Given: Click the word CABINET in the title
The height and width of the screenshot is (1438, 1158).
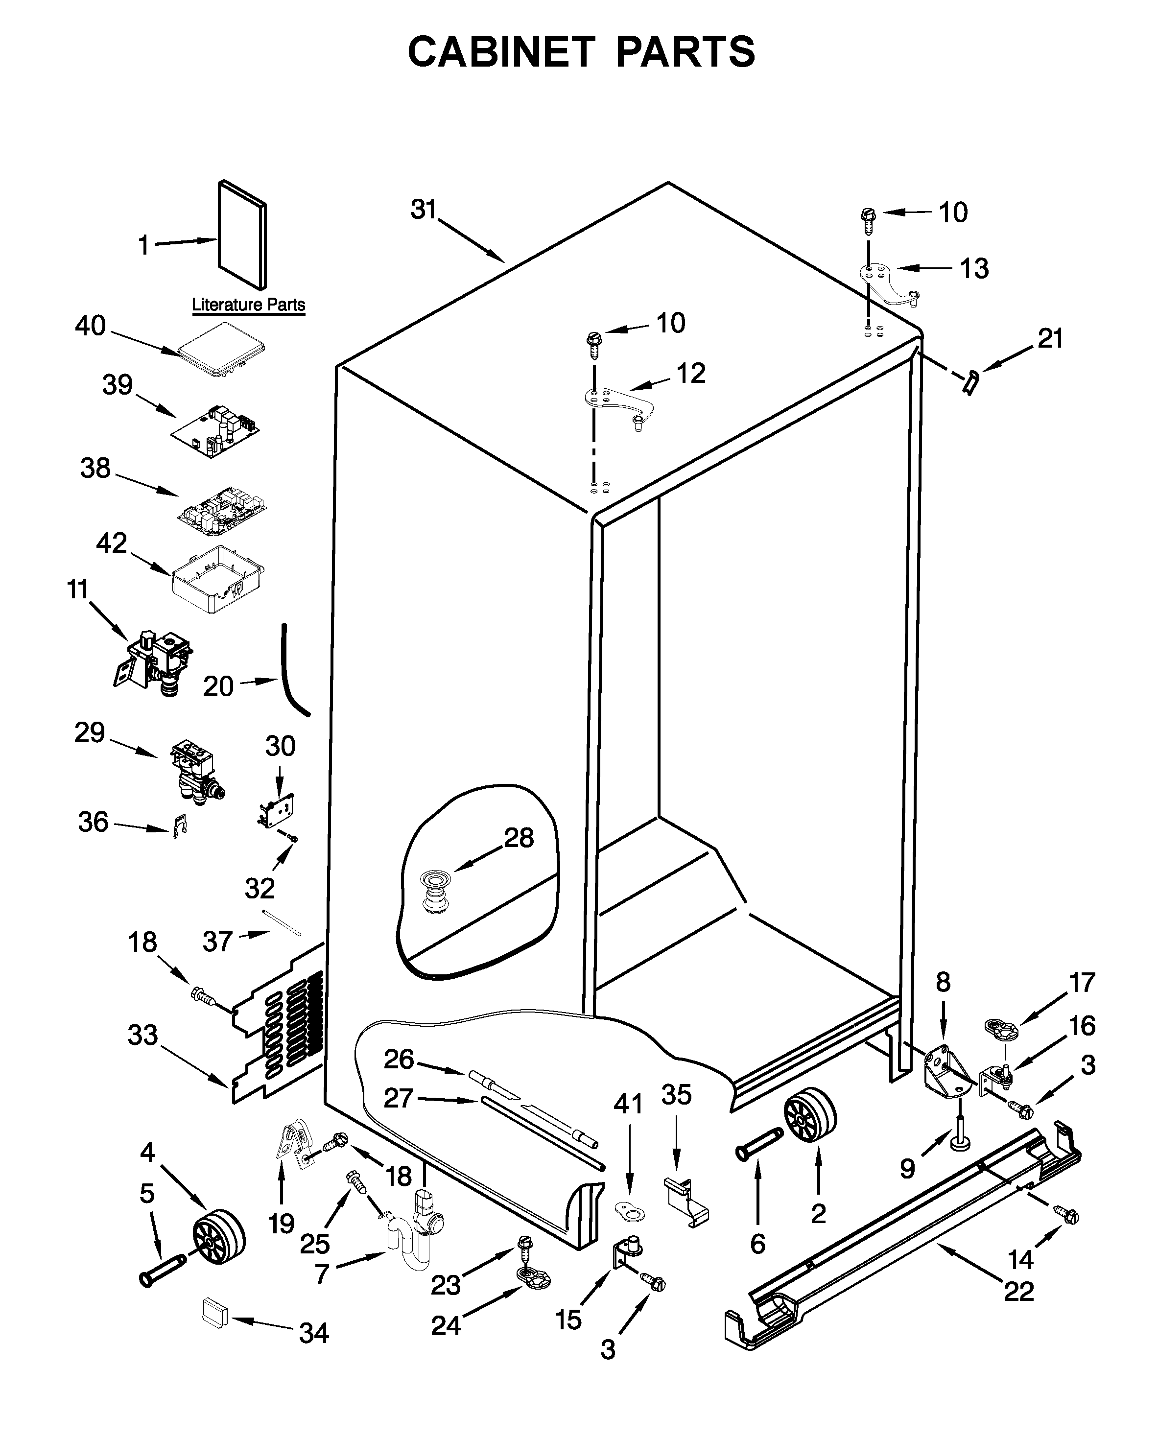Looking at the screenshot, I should [x=501, y=52].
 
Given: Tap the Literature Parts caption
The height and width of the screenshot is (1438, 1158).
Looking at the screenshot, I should [x=248, y=305].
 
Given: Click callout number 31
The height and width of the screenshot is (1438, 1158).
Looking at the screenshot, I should [x=423, y=210].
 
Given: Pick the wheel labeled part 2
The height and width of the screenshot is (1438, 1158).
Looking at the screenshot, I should [x=810, y=1115].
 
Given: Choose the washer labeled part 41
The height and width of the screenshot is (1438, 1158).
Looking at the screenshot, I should [x=630, y=1210].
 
